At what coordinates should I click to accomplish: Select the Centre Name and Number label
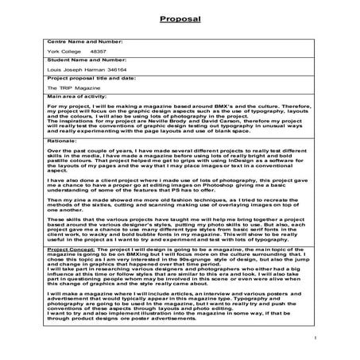(x=56, y=39)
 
